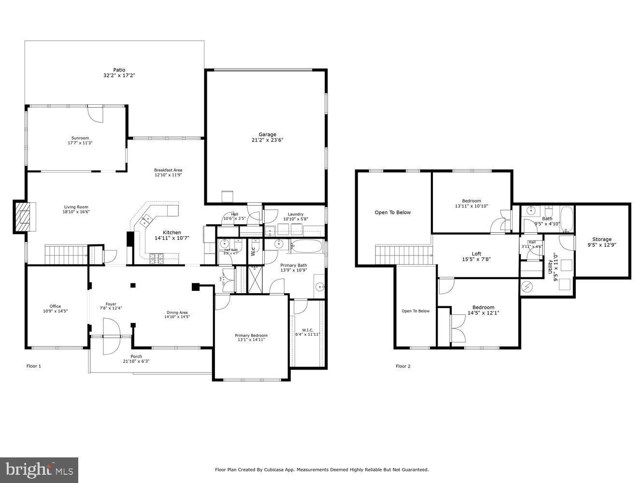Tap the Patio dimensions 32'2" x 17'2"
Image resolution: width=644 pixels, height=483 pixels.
(119, 76)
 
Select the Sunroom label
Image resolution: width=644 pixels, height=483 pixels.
(80, 138)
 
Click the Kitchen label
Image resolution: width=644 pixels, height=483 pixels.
(172, 233)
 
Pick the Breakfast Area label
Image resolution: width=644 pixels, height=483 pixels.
(168, 170)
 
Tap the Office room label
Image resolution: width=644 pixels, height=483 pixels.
(55, 306)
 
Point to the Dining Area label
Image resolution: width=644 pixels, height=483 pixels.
(177, 313)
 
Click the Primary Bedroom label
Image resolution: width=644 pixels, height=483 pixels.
(251, 336)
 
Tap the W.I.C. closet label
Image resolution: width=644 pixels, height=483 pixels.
(308, 330)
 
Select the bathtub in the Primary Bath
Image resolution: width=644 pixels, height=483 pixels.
(306, 246)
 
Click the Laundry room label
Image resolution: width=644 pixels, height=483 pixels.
(295, 214)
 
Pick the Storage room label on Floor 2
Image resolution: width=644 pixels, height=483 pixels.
(602, 239)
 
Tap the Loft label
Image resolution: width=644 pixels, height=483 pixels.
(476, 254)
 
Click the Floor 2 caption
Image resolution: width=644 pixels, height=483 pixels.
(403, 366)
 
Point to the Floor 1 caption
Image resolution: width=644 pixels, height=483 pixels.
(34, 366)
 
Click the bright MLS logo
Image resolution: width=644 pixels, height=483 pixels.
(40, 469)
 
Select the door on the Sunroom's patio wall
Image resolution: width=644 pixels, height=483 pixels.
(96, 114)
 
